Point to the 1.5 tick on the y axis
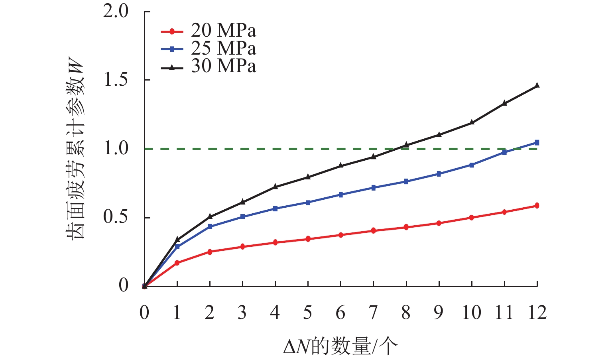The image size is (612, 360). tap(116, 80)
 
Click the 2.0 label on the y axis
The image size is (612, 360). tap(116, 12)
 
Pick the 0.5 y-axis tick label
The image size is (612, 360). tap(116, 217)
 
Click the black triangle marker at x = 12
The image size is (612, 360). tap(537, 85)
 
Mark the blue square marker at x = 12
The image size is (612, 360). tap(537, 142)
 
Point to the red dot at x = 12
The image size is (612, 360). tap(537, 206)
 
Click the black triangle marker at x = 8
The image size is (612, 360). tap(406, 145)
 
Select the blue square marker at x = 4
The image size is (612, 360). tap(275, 209)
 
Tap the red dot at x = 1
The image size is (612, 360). tap(177, 263)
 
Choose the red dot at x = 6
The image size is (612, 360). tap(341, 235)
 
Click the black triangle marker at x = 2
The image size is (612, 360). tap(210, 216)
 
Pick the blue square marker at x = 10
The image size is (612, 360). tap(472, 165)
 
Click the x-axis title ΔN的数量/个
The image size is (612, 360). tap(341, 346)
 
